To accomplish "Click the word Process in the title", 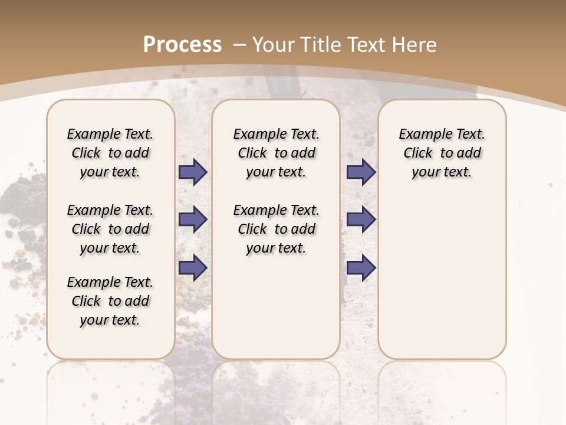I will pos(182,44).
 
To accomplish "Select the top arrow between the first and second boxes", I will pos(193,172).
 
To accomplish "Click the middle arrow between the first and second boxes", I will pos(193,220).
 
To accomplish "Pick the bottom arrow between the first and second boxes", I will pos(193,267).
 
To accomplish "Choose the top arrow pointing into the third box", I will pos(361,172).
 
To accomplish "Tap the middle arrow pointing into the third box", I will pos(361,220).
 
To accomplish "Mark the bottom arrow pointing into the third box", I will pos(361,267).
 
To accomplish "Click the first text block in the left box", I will pos(110,153).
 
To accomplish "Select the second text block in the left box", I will pos(110,229).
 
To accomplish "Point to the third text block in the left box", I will pos(110,301).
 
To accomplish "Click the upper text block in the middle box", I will pos(276,153).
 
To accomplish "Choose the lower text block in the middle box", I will pos(276,229).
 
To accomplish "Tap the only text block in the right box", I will pos(442,153).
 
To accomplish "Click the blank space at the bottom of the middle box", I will pos(276,313).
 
